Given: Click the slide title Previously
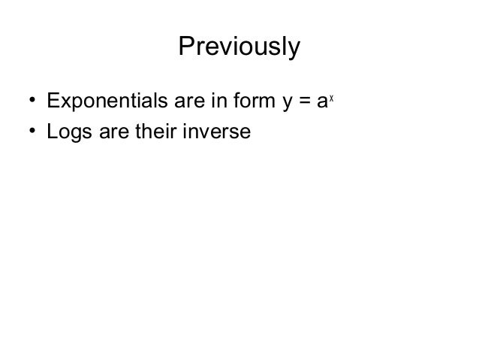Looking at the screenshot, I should pyautogui.click(x=239, y=47).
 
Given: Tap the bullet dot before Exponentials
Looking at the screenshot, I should pyautogui.click(x=33, y=100).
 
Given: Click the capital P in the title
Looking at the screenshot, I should pyautogui.click(x=185, y=47).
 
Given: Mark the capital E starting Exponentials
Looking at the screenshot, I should pyautogui.click(x=53, y=100).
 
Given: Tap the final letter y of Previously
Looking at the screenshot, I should pyautogui.click(x=294, y=50).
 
